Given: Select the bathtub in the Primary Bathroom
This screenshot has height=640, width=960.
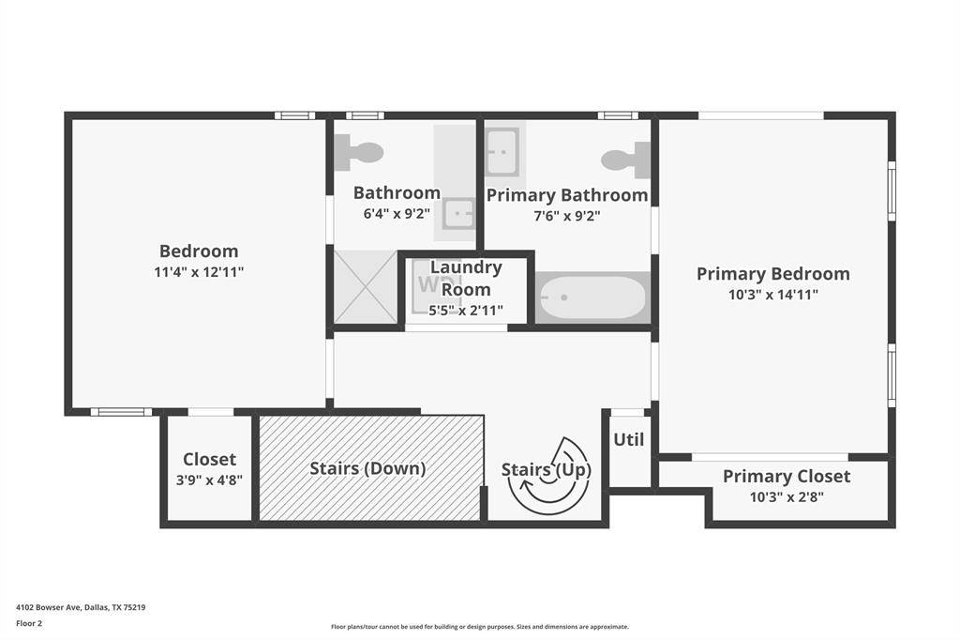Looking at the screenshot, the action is tap(592, 297).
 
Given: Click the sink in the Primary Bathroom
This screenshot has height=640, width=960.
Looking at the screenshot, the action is tap(502, 151).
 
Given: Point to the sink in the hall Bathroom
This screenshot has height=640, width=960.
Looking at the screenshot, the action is tap(458, 214).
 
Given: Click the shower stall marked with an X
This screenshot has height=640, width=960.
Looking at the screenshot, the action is tap(366, 286).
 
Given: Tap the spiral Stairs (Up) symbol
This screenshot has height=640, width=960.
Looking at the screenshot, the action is tap(549, 475).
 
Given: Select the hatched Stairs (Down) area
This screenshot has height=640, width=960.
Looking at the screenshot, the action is tap(371, 468).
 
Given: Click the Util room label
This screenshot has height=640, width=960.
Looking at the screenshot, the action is tap(629, 439).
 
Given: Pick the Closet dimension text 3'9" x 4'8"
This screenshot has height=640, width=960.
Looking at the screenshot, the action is tap(209, 480).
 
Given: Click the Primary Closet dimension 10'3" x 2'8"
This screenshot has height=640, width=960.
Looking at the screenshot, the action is tap(787, 496).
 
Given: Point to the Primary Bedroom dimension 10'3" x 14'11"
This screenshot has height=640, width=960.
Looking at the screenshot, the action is tap(772, 295).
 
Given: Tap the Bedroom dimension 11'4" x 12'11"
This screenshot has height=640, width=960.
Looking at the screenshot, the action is tap(199, 271).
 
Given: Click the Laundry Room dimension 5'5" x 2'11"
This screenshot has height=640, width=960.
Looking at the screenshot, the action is tap(465, 311).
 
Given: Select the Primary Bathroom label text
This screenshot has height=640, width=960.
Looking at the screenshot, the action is tap(567, 195).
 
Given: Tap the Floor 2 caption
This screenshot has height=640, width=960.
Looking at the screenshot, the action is tap(29, 623).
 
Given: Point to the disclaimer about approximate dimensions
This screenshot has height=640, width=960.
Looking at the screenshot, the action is tap(480, 627).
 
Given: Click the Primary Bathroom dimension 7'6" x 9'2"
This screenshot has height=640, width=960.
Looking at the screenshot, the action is tap(567, 216).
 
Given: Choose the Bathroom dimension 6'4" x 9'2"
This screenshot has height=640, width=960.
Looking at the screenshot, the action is tap(397, 213).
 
